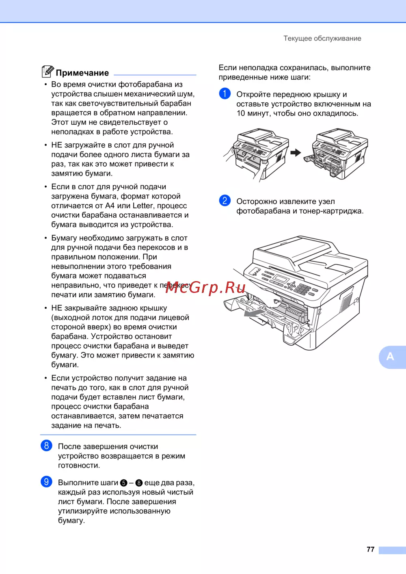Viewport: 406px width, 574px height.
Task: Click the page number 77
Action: point(370,549)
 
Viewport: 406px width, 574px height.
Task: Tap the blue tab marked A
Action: point(393,357)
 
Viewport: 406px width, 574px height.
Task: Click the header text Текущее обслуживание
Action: point(322,39)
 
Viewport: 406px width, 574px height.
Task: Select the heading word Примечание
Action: point(82,73)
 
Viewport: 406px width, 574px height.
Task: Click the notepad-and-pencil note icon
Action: point(48,71)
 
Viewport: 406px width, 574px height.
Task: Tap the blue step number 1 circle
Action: point(225,93)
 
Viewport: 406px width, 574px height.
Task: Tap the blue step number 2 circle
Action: point(225,200)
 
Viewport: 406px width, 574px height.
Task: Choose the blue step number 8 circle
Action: point(46,445)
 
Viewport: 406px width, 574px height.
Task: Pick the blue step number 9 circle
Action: point(46,481)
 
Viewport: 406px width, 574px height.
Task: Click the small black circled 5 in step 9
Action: point(124,483)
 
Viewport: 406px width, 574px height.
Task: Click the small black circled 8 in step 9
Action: point(139,483)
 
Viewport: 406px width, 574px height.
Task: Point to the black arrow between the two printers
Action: point(296,153)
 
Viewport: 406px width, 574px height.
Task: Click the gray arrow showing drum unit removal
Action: point(254,313)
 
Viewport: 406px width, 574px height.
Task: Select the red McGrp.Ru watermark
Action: point(205,288)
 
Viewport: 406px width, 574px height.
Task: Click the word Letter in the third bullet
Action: point(143,206)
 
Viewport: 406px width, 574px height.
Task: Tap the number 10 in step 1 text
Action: point(241,113)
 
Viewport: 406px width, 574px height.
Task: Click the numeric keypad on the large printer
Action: point(302,288)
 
